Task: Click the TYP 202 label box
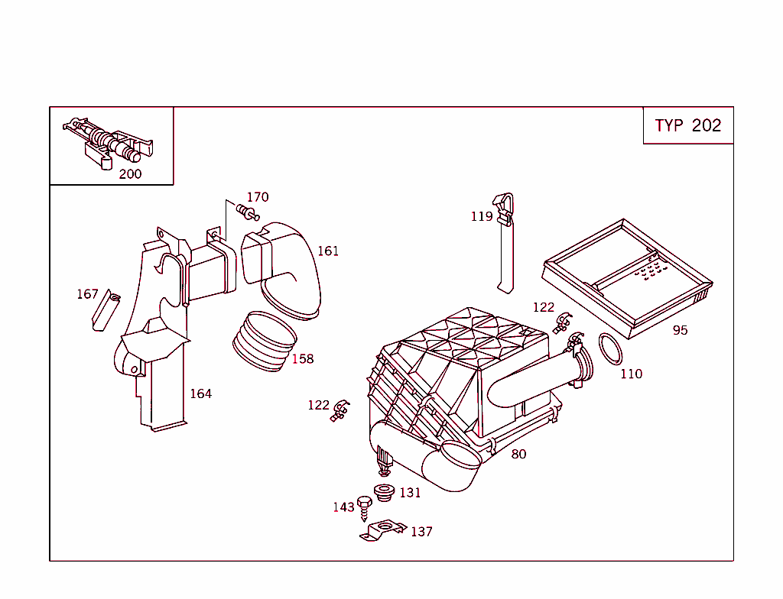pos(687,126)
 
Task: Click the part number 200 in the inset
pos(130,174)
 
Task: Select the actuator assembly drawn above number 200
pos(111,144)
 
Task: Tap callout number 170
pos(257,197)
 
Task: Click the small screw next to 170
pos(248,212)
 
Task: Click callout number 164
pos(200,394)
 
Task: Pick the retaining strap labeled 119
pos(505,244)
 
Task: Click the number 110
pos(631,374)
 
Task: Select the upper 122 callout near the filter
pos(543,307)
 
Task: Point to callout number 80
pos(518,455)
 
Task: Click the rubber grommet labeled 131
pos(382,494)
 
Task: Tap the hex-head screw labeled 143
pos(365,505)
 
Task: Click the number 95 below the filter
pos(680,331)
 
